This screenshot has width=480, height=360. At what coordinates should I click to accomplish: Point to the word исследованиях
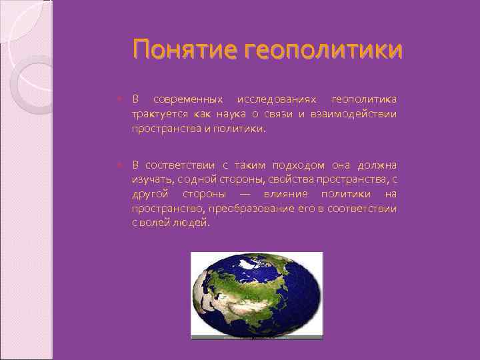pyautogui.click(x=273, y=99)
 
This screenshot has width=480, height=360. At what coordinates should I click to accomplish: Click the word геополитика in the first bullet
pyautogui.click(x=363, y=99)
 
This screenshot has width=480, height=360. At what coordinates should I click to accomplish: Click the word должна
pyautogui.click(x=378, y=165)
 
